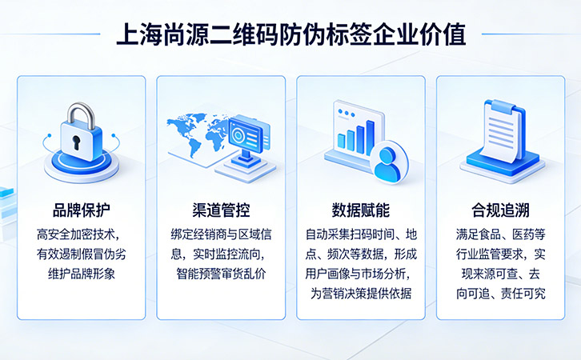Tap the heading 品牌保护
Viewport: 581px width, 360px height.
tap(81, 210)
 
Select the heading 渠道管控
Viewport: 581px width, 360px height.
tap(221, 210)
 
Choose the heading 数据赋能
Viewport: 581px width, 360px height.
tap(360, 210)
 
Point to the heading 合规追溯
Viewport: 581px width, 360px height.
tap(500, 210)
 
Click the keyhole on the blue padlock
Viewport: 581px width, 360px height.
tap(77, 144)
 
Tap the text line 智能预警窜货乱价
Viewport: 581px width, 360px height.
tap(221, 274)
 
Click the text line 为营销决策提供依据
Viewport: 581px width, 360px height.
tap(361, 293)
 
